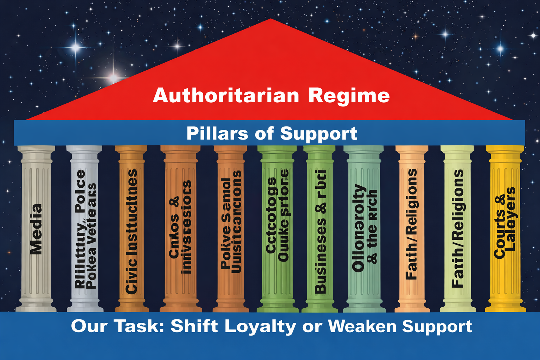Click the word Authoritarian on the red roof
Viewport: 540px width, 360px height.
coord(226,96)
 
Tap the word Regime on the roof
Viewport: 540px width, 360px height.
coord(349,96)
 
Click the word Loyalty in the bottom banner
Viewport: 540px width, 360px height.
coord(260,326)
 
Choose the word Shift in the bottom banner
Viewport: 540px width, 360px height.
coord(194,326)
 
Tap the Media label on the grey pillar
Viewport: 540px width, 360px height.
coord(36,229)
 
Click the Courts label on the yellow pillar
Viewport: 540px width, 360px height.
coord(499,233)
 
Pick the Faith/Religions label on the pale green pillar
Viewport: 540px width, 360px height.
coord(458,229)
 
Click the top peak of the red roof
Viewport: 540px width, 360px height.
coord(270,19)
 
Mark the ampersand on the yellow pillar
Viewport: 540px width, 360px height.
coord(500,199)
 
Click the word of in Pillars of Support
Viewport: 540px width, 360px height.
coord(264,134)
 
